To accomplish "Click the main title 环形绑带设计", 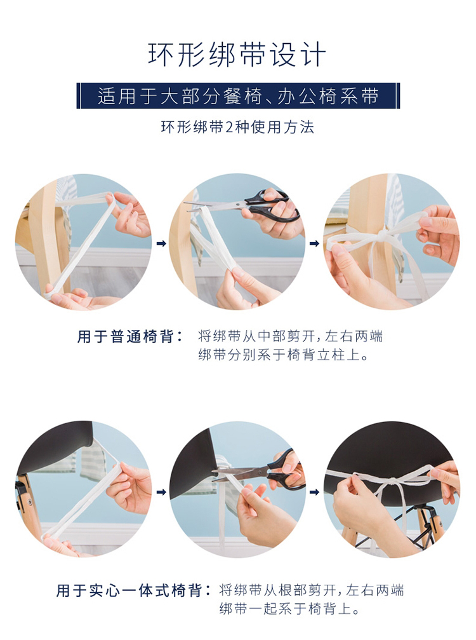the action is [237, 55].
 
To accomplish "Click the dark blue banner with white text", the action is [238, 96].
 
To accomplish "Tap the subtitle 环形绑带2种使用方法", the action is [237, 127].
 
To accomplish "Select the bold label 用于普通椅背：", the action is [130, 337].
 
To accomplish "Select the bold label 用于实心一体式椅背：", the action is [134, 590].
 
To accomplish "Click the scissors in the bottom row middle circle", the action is [258, 470].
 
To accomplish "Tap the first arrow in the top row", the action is [161, 243].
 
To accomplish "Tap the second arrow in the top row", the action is [314, 243].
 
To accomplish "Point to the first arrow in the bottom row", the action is [161, 492].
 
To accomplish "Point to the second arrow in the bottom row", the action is [314, 492].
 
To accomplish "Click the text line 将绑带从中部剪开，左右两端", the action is [291, 336].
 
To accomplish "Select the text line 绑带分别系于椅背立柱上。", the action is [284, 355].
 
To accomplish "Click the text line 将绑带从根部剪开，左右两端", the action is [312, 590].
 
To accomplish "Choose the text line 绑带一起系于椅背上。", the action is [290, 609].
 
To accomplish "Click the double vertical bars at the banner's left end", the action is [78, 96].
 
